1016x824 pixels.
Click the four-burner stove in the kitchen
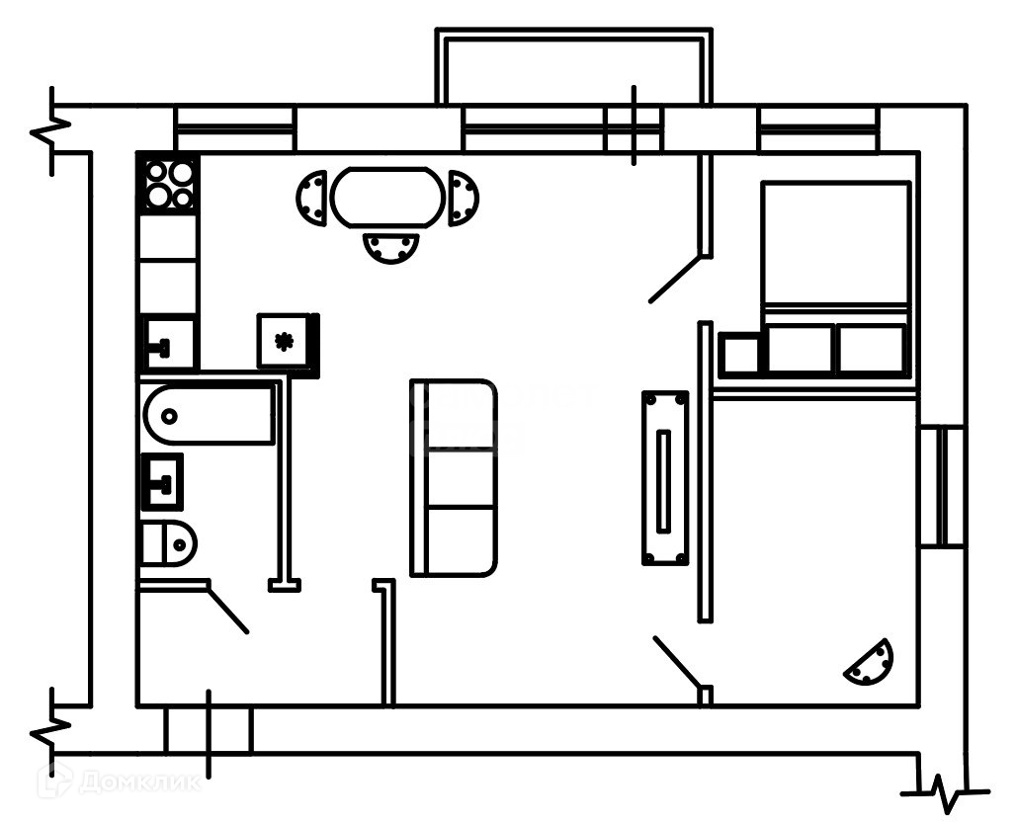(168, 184)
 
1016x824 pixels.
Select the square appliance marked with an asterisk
(286, 342)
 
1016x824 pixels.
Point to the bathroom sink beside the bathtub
(162, 482)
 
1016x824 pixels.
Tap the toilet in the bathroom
(168, 542)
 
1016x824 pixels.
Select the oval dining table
(386, 198)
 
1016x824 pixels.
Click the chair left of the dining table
(312, 198)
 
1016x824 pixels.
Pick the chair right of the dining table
(462, 198)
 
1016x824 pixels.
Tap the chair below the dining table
(390, 247)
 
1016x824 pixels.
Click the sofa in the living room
(454, 478)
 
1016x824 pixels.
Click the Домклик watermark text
(138, 783)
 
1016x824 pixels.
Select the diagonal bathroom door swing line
(227, 610)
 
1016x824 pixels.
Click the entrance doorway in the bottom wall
(209, 730)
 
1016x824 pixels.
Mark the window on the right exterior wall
(941, 486)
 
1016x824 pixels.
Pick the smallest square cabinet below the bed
(740, 354)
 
